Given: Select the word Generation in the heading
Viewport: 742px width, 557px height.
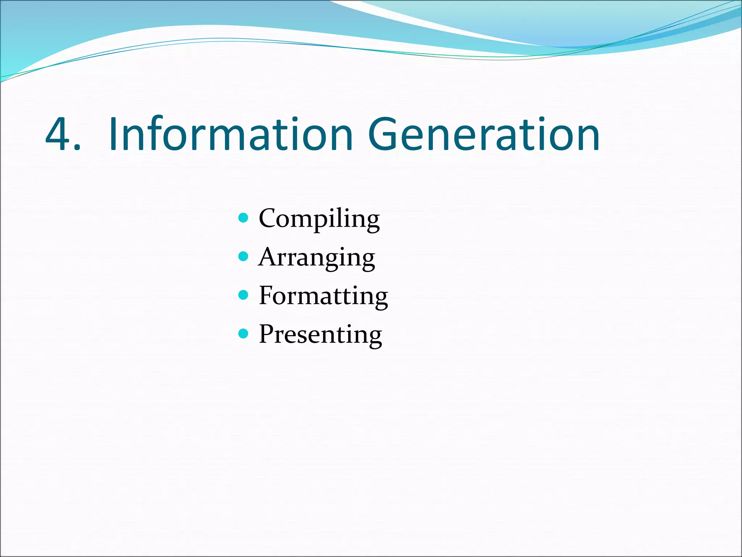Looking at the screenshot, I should (x=484, y=134).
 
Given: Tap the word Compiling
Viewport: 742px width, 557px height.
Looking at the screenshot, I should (x=319, y=219).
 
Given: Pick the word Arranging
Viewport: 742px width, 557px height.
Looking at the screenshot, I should (x=317, y=257).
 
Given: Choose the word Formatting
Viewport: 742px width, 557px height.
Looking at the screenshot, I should (x=323, y=296).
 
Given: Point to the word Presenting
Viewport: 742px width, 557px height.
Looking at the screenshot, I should (x=320, y=334).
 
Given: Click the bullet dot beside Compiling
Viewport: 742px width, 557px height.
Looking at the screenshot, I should (x=243, y=218).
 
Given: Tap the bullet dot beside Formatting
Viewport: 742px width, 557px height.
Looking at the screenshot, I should (x=243, y=295).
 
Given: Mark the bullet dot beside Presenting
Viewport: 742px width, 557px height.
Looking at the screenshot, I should (x=243, y=334).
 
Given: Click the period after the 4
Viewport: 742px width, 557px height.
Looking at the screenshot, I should (x=76, y=147).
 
